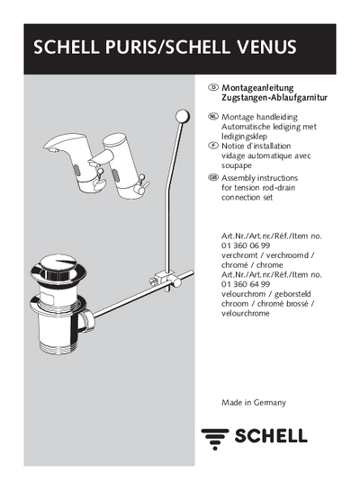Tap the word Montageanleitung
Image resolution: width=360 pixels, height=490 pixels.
[x=257, y=88]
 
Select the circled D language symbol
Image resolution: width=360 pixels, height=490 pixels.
[x=213, y=87]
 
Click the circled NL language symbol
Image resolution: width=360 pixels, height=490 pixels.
[x=213, y=117]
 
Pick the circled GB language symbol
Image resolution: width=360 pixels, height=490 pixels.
[x=213, y=177]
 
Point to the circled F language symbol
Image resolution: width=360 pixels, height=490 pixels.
[x=213, y=146]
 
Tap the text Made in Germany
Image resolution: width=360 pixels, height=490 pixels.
[x=254, y=403]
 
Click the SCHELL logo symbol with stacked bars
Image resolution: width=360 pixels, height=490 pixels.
[x=215, y=439]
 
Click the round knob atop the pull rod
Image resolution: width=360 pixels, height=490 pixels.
[x=183, y=116]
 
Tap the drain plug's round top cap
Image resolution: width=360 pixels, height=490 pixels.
[x=58, y=268]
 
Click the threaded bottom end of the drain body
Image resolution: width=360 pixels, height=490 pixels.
[x=58, y=348]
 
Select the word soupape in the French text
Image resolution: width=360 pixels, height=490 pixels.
[x=237, y=165]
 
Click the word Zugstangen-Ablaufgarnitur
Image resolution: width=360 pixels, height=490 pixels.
[x=274, y=97]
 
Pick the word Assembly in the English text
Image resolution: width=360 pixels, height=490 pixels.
[x=236, y=178]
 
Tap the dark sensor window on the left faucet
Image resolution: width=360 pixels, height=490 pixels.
[x=76, y=171]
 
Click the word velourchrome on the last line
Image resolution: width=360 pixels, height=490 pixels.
[x=245, y=313]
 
